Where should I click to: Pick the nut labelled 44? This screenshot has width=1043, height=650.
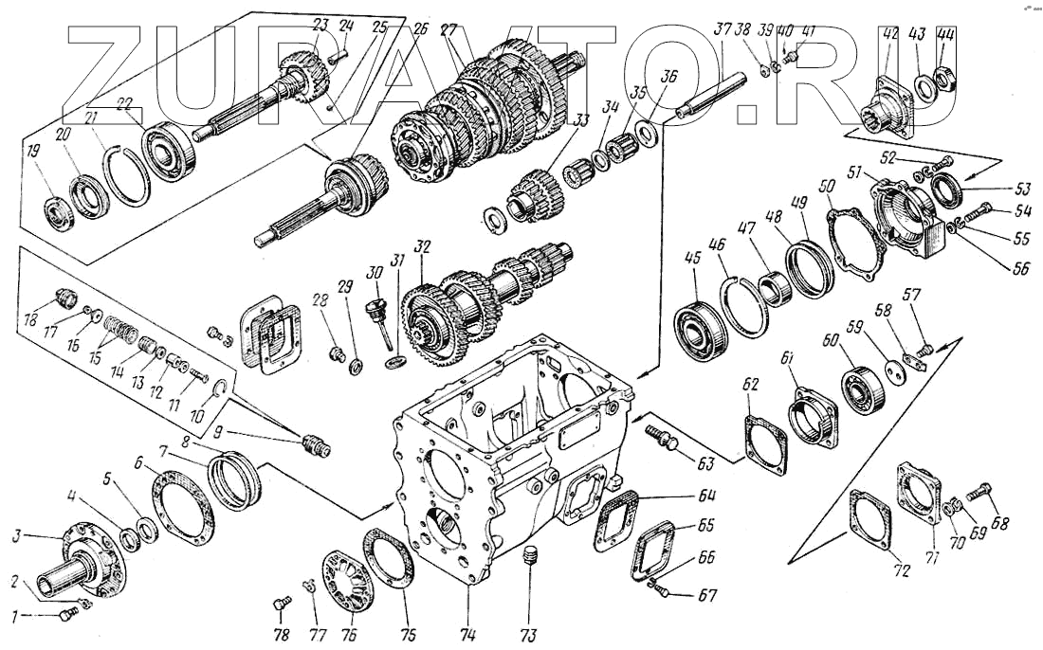click(944, 74)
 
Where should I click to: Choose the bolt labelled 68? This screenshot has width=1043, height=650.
click(979, 493)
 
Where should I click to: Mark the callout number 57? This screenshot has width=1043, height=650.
click(913, 295)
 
